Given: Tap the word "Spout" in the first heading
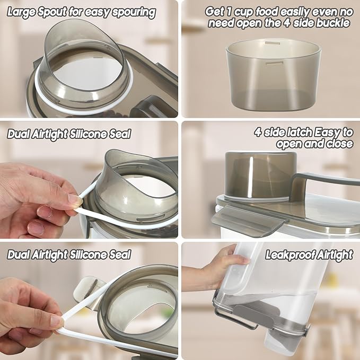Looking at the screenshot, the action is tap(52, 12).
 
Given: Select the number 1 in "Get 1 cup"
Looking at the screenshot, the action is tap(229, 12).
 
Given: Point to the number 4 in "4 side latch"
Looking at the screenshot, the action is tap(258, 133).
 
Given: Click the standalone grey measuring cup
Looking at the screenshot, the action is tap(273, 75).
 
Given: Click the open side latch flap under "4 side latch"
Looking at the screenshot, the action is tap(249, 220).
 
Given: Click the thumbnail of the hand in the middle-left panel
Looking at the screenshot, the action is tap(74, 199).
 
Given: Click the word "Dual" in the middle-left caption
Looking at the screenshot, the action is tap(19, 134).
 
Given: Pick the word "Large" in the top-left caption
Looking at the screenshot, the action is tap(21, 12).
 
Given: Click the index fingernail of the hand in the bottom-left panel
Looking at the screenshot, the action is tap(56, 321).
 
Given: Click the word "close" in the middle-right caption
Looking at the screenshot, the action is tap(339, 144).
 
